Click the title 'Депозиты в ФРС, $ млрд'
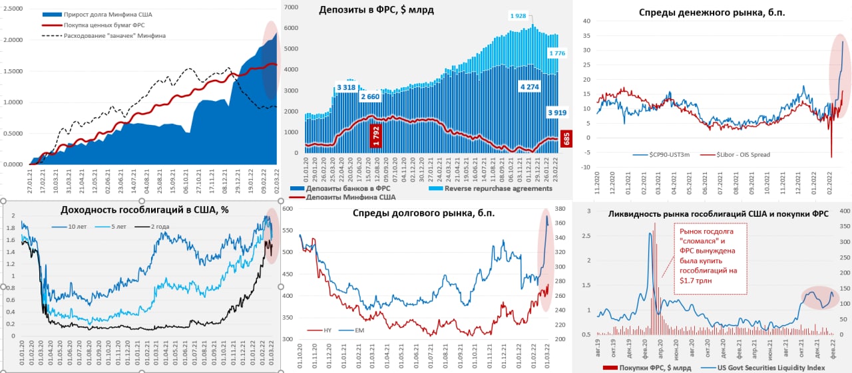click(377, 9)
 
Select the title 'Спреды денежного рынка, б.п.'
click(713, 13)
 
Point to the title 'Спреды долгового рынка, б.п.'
click(424, 213)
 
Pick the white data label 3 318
click(346, 87)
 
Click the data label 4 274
click(530, 86)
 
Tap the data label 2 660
click(370, 97)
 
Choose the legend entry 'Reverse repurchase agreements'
click(499, 188)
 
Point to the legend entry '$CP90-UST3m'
click(670, 155)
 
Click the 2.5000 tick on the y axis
click(12, 9)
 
